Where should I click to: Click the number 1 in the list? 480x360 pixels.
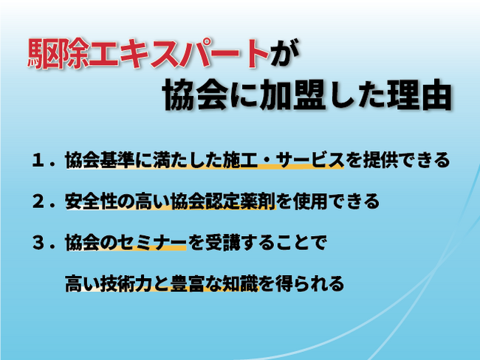click(x=38, y=161)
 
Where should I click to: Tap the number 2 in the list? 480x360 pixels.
click(x=38, y=201)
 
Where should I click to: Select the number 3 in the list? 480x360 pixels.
click(x=38, y=243)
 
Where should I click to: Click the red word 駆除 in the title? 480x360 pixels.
click(x=58, y=54)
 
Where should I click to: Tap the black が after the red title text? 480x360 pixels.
click(x=285, y=54)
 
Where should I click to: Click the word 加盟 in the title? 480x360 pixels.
click(x=292, y=94)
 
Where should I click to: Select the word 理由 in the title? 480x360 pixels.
click(x=419, y=94)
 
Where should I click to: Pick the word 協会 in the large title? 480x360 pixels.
click(x=195, y=94)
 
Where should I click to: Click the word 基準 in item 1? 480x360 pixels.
click(x=117, y=160)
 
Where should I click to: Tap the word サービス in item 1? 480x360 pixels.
click(x=310, y=160)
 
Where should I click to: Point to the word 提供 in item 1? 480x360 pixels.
click(x=380, y=160)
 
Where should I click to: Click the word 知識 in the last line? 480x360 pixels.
click(x=240, y=283)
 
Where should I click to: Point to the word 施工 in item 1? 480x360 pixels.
click(x=240, y=160)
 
